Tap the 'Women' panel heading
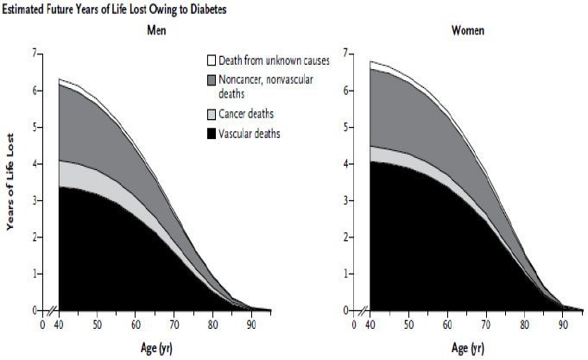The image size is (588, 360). pyautogui.click(x=467, y=31)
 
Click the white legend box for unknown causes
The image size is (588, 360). pyautogui.click(x=211, y=61)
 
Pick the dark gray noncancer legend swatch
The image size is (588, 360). pyautogui.click(x=211, y=80)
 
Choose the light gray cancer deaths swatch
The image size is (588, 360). pyautogui.click(x=211, y=114)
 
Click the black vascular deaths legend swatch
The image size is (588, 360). pyautogui.click(x=211, y=133)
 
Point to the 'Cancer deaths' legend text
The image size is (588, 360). pyautogui.click(x=250, y=114)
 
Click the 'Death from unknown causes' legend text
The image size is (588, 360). pyautogui.click(x=274, y=61)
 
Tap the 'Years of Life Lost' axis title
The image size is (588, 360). pyautogui.click(x=12, y=182)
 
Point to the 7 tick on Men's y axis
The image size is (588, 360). pyautogui.click(x=35, y=54)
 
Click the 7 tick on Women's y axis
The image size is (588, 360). pyautogui.click(x=345, y=54)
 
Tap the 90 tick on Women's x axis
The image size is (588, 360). pyautogui.click(x=561, y=325)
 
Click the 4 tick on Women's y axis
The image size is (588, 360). pyautogui.click(x=345, y=163)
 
